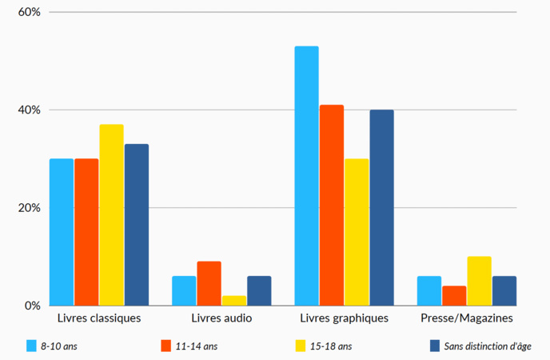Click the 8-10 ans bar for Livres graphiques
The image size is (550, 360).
tap(306, 176)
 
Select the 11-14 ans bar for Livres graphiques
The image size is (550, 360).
tap(332, 205)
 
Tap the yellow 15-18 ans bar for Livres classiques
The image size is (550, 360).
tap(111, 214)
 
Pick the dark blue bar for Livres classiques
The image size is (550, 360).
tap(137, 224)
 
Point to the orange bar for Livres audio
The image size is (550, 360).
tap(209, 283)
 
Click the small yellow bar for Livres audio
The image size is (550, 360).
tap(234, 301)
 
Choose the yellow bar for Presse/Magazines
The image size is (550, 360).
tap(479, 281)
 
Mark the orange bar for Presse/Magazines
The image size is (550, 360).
tap(454, 295)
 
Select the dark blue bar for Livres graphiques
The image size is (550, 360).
tap(381, 207)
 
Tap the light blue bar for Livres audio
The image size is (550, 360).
tap(184, 290)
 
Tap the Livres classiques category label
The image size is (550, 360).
tap(99, 318)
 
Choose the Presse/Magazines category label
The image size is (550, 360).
tap(467, 318)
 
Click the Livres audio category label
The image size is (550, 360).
tap(221, 318)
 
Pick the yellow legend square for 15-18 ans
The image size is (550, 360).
tap(301, 346)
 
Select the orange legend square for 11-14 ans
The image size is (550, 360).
tap(166, 346)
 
